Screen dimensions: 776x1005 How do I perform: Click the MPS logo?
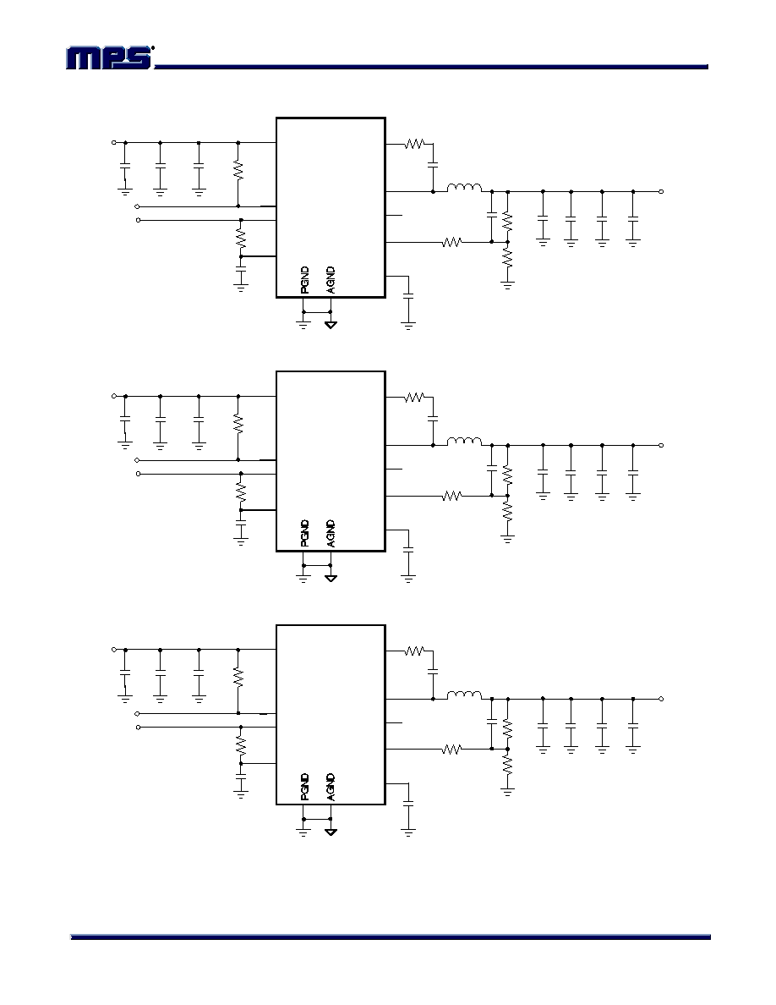(110, 58)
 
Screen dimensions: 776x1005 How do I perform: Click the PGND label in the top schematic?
(304, 280)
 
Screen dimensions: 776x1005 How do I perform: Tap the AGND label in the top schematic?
(331, 280)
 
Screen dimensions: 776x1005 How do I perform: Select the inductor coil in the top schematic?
(464, 187)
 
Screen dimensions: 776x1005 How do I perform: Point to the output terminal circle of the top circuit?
(661, 191)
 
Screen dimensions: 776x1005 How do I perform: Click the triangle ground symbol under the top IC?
(331, 325)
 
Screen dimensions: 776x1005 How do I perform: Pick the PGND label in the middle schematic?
(304, 533)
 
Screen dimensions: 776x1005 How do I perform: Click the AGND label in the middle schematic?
(331, 533)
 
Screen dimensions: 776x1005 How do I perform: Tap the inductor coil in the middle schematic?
(464, 441)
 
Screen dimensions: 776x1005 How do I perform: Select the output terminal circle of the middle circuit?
(661, 445)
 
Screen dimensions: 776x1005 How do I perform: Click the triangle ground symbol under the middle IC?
(331, 578)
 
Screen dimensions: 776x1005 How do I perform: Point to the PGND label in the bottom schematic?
(304, 787)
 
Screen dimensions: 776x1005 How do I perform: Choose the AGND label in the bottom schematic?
(331, 787)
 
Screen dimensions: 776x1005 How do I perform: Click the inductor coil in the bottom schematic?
(464, 695)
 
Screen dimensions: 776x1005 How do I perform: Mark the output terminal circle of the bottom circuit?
(661, 699)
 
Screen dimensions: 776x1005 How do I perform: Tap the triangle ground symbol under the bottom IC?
(331, 832)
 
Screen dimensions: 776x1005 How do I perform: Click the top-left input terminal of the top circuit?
(114, 142)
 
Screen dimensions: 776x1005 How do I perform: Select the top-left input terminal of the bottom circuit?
(114, 650)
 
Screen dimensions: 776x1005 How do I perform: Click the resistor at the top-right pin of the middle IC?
(414, 398)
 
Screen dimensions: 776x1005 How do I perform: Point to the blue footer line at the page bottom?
(391, 937)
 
